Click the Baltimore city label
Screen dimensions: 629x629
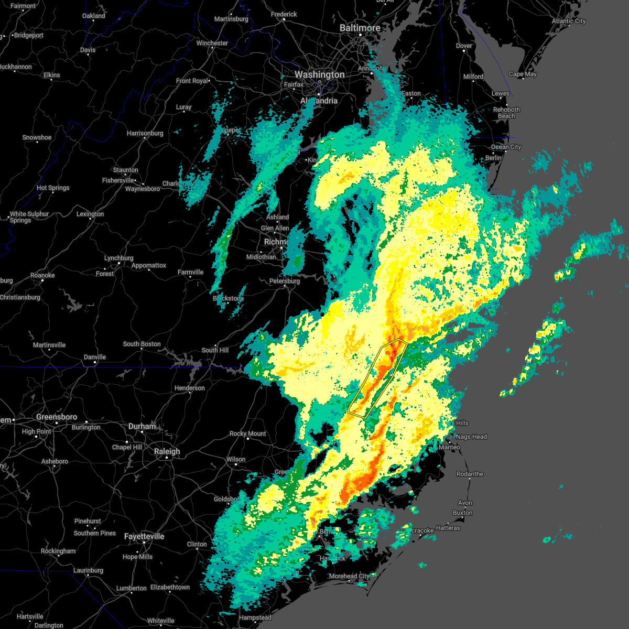click(360, 27)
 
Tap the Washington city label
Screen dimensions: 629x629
click(319, 74)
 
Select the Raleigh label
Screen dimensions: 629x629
click(167, 451)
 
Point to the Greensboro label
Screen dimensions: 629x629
click(57, 417)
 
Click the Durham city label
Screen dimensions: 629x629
click(142, 426)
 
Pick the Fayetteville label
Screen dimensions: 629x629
click(144, 536)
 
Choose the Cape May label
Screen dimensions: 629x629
click(523, 74)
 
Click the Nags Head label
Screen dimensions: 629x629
click(471, 437)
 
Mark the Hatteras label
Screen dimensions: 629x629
click(448, 528)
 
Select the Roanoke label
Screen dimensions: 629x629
click(42, 275)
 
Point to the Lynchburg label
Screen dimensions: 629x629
click(118, 258)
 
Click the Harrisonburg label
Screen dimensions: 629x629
click(145, 133)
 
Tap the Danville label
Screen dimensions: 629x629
click(95, 357)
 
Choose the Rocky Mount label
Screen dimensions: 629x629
click(247, 433)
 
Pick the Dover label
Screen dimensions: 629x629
click(464, 46)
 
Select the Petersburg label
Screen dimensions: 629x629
click(285, 281)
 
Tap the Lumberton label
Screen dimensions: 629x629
click(131, 588)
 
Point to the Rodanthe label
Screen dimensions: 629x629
click(470, 474)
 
